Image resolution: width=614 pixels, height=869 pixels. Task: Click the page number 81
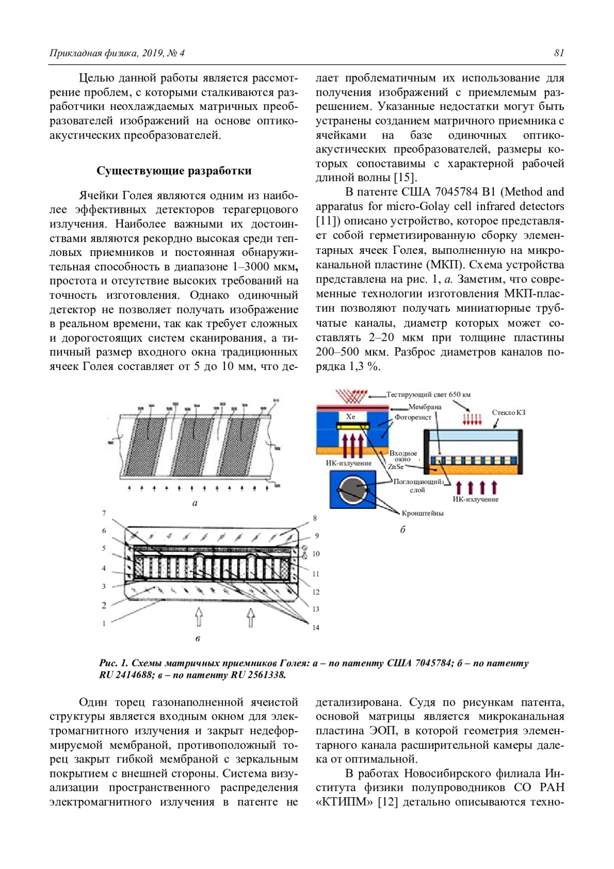(x=559, y=53)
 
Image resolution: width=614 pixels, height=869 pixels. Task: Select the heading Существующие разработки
(x=174, y=170)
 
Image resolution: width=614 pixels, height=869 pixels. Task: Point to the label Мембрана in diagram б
(x=425, y=407)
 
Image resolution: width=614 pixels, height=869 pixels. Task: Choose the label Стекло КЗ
(x=509, y=412)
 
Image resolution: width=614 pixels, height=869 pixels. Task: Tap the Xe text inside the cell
(x=350, y=417)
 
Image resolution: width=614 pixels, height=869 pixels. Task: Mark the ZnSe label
(x=396, y=467)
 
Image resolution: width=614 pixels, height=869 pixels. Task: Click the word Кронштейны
(x=423, y=513)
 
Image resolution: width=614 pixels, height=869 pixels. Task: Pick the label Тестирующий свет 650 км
(x=428, y=395)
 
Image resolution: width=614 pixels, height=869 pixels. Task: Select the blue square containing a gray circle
(x=353, y=490)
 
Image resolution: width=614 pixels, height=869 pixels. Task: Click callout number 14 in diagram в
(x=316, y=627)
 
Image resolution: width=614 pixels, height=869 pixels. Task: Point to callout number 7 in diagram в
(x=104, y=513)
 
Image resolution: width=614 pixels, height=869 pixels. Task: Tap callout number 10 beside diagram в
(x=316, y=554)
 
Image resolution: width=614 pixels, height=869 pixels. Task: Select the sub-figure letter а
(x=194, y=503)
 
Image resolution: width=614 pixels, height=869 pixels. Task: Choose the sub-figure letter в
(x=198, y=639)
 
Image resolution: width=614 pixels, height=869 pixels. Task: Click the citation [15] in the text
(x=405, y=178)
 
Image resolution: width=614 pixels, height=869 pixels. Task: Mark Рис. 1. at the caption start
(x=113, y=663)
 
